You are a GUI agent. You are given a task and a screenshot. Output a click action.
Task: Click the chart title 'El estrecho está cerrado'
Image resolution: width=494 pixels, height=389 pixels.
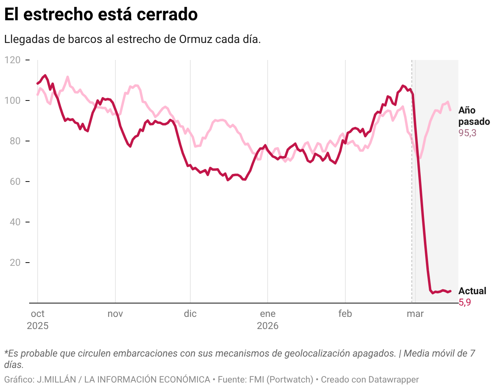click(101, 15)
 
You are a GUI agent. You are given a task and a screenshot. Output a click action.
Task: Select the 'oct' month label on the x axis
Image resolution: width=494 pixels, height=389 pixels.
click(38, 314)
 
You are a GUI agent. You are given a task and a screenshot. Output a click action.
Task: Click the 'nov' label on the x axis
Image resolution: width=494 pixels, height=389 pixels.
click(115, 314)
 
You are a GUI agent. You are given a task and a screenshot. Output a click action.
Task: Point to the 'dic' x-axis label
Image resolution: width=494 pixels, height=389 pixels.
click(190, 314)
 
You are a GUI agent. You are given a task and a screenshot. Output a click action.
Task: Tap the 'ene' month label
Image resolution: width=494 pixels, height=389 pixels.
click(268, 314)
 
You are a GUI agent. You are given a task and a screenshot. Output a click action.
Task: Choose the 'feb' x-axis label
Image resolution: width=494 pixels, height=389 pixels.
click(345, 314)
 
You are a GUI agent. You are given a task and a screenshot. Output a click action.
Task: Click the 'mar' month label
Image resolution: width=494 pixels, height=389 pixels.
click(415, 314)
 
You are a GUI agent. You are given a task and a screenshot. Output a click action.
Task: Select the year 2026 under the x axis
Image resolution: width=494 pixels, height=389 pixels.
click(268, 326)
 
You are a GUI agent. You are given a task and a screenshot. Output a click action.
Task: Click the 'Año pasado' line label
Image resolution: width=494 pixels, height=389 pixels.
click(474, 116)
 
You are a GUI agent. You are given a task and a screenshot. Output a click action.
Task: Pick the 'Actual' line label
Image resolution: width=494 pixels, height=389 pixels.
click(472, 291)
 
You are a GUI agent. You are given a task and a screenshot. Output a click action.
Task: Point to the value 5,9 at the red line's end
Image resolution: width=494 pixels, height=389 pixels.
click(464, 302)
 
